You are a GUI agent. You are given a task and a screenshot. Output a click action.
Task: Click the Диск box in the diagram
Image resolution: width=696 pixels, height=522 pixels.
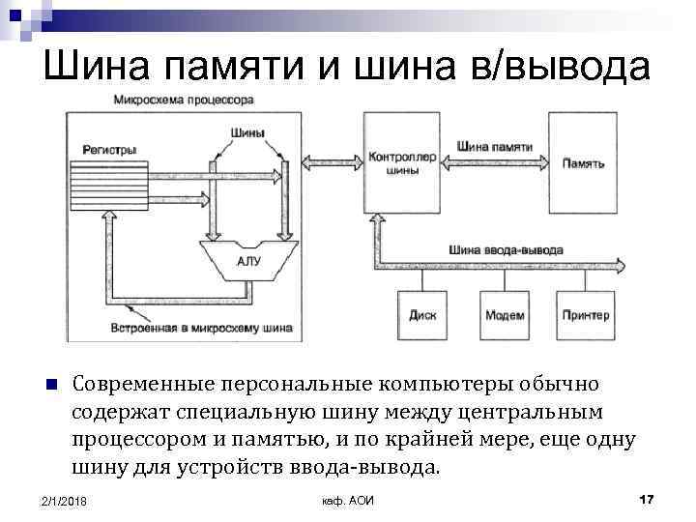422,315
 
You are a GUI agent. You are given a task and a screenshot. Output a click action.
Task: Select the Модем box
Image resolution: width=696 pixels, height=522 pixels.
505,315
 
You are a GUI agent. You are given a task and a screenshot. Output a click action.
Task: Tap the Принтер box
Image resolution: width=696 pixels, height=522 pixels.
586,315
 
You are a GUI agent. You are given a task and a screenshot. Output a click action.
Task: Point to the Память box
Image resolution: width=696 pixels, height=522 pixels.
584,163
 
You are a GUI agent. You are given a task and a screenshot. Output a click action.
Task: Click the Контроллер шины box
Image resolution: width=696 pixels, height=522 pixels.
401,162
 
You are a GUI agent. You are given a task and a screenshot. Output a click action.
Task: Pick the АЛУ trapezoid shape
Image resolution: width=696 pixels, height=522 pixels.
248,259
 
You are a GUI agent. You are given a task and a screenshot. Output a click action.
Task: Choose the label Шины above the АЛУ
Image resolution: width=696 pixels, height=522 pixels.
248,133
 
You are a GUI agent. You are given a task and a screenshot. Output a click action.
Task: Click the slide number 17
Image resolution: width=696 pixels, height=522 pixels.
647,499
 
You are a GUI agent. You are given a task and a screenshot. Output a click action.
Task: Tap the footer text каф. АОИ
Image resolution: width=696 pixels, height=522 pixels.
346,500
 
